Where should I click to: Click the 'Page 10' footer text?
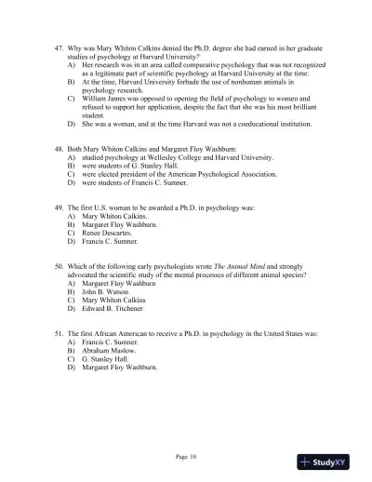point(187,456)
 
